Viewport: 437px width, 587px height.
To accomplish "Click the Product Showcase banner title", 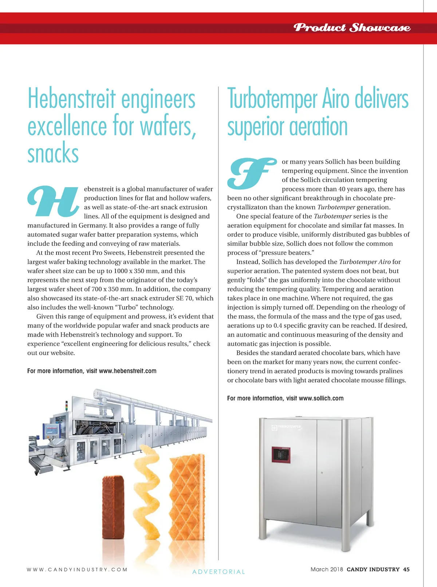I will pyautogui.click(x=352, y=28).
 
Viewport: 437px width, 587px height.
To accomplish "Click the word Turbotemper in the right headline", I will pyautogui.click(x=272, y=99).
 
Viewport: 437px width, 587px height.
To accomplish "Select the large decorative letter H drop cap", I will pyautogui.click(x=53, y=201).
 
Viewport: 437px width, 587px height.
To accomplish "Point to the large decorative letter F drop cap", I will pyautogui.click(x=251, y=173).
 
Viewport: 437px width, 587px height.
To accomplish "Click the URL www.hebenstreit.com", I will pyautogui.click(x=127, y=371).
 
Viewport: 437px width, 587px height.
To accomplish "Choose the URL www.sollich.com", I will pyautogui.click(x=321, y=398).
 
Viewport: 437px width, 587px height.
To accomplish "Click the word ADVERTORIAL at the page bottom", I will pyautogui.click(x=219, y=572).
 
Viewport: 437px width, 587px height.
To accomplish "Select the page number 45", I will pyautogui.click(x=406, y=569).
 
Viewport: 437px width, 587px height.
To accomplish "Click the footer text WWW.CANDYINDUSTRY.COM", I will pyautogui.click(x=77, y=569).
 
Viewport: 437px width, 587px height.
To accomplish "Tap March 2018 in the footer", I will pyautogui.click(x=327, y=569).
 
